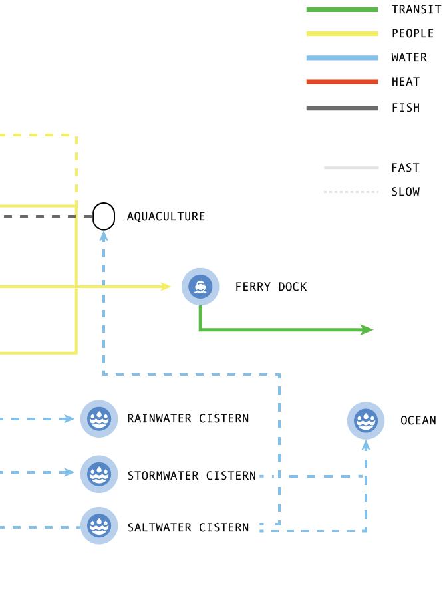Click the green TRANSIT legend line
click(342, 10)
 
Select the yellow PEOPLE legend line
click(342, 34)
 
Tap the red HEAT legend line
click(342, 82)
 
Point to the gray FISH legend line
click(342, 108)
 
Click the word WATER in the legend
click(409, 58)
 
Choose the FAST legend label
click(405, 168)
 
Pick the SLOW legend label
click(405, 192)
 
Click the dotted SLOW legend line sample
click(351, 192)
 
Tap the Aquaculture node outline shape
click(104, 216)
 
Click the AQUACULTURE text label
click(166, 216)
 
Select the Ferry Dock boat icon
click(200, 287)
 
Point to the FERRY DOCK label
click(271, 287)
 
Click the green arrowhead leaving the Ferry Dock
click(367, 329)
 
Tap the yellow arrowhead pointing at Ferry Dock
click(166, 287)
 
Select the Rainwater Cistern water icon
click(99, 419)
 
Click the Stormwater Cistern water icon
click(99, 474)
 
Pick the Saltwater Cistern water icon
click(99, 525)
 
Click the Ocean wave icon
click(366, 420)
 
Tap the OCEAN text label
click(418, 420)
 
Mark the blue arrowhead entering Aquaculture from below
click(104, 235)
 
